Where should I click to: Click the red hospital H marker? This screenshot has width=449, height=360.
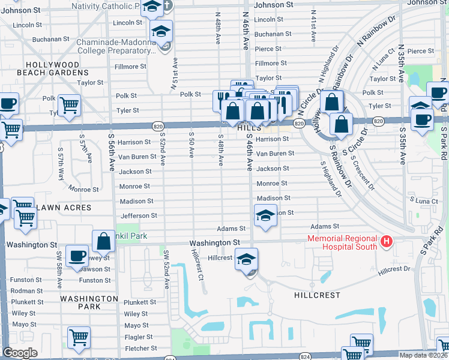387,242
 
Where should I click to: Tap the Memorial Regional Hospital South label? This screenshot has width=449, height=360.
342,242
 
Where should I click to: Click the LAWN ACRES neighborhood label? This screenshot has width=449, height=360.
64,208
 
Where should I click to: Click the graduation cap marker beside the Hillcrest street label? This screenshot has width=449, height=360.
246,259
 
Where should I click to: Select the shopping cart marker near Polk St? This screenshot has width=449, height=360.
70,105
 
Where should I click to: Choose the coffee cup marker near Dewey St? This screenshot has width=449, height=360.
77,256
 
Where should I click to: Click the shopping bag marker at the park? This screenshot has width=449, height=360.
103,241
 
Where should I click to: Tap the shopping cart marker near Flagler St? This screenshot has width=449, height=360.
79,337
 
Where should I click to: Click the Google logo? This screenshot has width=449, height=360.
20,353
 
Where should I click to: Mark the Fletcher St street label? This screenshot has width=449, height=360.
140,348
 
